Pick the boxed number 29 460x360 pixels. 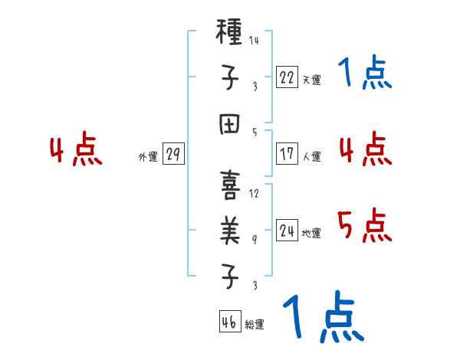pyautogui.click(x=172, y=154)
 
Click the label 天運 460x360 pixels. pyautogui.click(x=311, y=79)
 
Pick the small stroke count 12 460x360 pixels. pyautogui.click(x=254, y=194)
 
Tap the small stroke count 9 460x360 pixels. pyautogui.click(x=255, y=239)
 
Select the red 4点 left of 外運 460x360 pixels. pyautogui.click(x=76, y=150)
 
